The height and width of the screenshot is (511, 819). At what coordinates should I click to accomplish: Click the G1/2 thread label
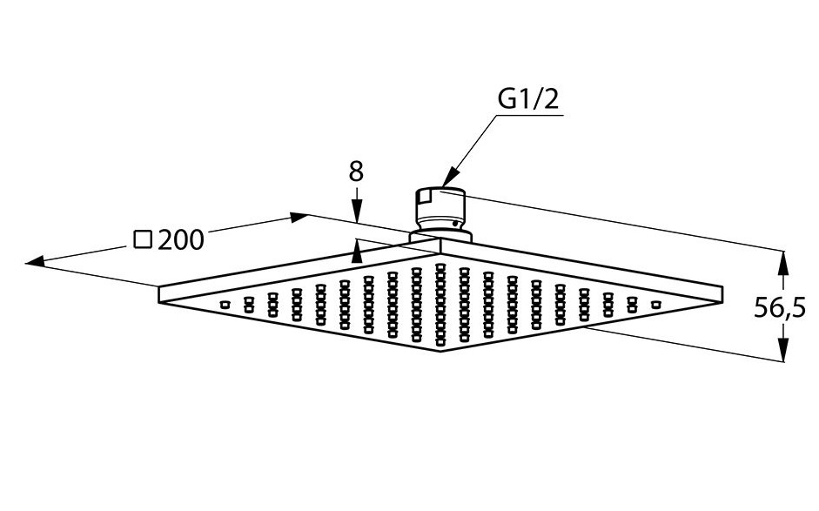(x=527, y=98)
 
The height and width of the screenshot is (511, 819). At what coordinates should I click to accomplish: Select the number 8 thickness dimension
(x=356, y=171)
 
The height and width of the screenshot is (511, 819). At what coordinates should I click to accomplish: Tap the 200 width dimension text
(x=181, y=240)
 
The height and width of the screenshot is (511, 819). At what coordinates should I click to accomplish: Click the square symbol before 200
(x=143, y=239)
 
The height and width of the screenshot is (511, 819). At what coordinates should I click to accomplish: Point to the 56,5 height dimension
(x=780, y=307)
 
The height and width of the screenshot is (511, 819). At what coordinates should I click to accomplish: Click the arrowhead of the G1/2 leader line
(x=450, y=178)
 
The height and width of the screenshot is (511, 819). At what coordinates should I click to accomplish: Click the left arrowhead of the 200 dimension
(x=35, y=262)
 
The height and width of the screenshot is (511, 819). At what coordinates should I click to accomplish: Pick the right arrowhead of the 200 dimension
(x=299, y=217)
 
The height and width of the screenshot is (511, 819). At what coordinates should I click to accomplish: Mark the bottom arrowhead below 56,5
(x=782, y=349)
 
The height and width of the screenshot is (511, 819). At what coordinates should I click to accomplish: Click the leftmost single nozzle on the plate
(x=225, y=305)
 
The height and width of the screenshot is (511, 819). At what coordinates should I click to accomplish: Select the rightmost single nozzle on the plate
(x=656, y=305)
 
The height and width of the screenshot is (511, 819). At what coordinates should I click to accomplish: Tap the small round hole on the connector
(x=457, y=224)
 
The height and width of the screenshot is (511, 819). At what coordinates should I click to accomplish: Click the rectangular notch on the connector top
(x=423, y=197)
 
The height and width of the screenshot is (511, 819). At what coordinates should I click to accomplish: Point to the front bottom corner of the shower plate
(x=440, y=351)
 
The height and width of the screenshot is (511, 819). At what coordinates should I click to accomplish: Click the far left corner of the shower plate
(x=158, y=286)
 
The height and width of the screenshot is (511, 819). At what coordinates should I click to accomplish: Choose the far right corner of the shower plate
(x=723, y=286)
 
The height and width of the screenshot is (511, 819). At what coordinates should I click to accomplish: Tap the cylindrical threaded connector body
(x=440, y=210)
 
